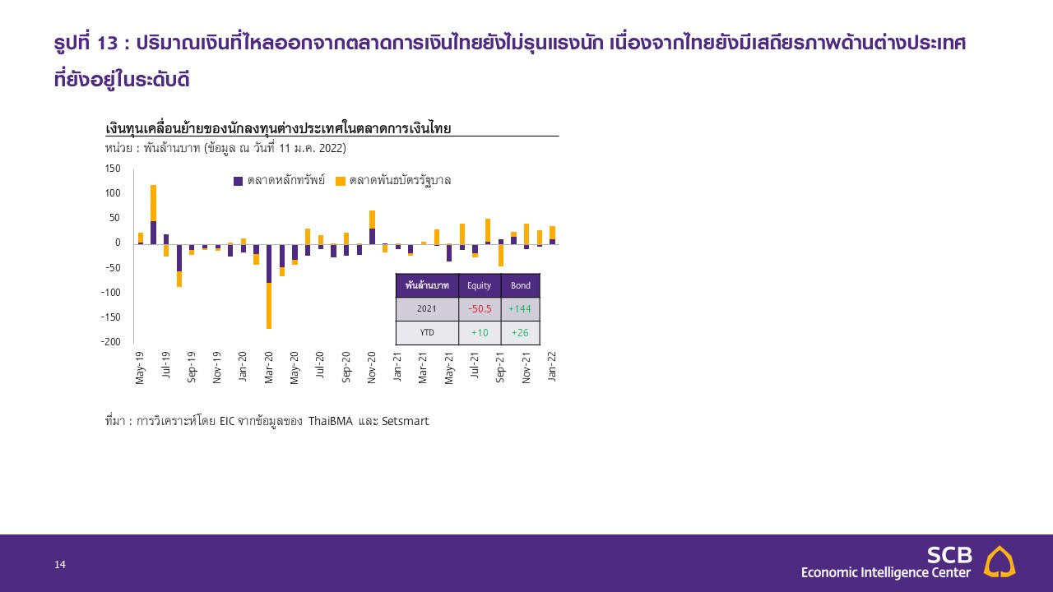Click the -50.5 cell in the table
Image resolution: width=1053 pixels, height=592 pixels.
[x=480, y=308]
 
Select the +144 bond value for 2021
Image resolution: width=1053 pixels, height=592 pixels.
[x=520, y=308]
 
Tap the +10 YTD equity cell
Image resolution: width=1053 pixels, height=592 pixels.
[x=480, y=333]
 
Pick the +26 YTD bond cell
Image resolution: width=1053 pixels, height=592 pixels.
[x=520, y=333]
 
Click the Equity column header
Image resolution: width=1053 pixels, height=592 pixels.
[x=479, y=285]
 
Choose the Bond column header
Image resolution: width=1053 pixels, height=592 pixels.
[x=521, y=285]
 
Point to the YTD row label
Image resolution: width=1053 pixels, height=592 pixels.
[x=427, y=333]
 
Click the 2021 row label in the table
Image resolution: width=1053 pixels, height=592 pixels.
[x=427, y=308]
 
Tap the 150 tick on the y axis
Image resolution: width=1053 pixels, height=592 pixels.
[x=113, y=169]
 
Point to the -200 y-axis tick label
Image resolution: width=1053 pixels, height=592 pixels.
[x=110, y=341]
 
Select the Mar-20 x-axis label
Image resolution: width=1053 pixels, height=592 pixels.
[x=269, y=368]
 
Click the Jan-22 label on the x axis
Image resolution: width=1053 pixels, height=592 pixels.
[x=552, y=367]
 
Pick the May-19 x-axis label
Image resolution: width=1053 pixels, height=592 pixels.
[x=140, y=368]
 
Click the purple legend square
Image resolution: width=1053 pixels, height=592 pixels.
[x=238, y=181]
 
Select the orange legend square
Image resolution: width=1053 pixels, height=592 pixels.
[x=341, y=181]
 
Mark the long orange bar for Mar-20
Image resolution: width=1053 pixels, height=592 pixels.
[x=269, y=306]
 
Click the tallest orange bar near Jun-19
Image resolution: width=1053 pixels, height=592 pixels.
[x=153, y=203]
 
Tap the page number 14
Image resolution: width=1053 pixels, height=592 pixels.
[x=60, y=564]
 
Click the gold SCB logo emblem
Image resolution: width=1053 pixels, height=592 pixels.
[x=1000, y=562]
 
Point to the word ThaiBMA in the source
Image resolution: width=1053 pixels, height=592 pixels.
[x=331, y=421]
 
